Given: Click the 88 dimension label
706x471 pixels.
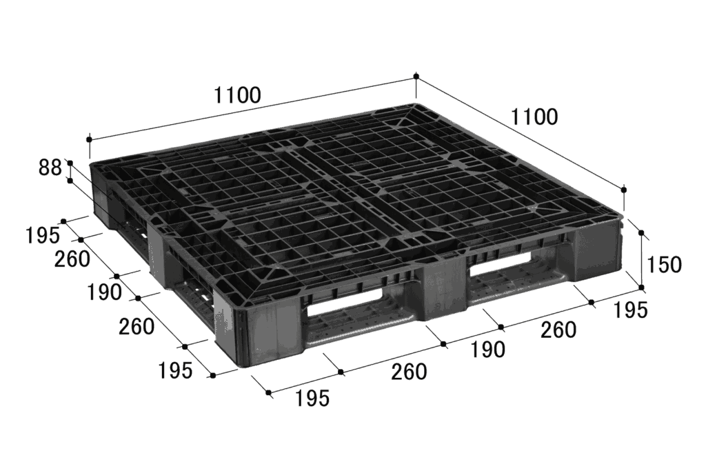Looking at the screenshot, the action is point(50,168).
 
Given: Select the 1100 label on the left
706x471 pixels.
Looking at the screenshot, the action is point(237,95).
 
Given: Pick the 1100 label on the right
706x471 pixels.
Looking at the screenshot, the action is point(534,117).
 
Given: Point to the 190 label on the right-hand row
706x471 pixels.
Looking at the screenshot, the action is point(487,350).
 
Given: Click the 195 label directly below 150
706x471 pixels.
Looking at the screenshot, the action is point(629,310).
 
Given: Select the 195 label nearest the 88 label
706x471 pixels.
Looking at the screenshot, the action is point(42,235).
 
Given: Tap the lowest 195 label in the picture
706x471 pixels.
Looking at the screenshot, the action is point(312,398).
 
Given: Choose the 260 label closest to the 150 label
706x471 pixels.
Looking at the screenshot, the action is point(558,330).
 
